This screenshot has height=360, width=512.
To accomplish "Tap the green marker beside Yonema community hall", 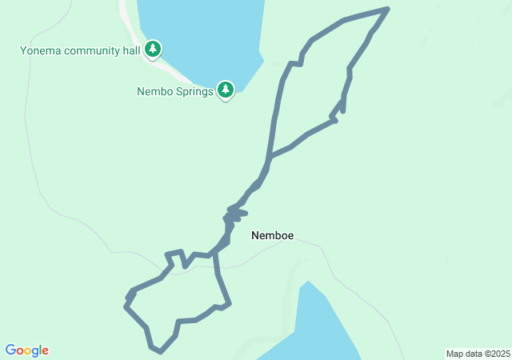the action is [153, 50].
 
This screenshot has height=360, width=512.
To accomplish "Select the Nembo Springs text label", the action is [175, 91].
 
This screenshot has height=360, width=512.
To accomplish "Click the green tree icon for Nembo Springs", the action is [226, 89].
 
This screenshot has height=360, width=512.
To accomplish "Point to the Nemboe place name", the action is [272, 236].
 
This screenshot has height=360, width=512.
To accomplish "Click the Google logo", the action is [27, 350].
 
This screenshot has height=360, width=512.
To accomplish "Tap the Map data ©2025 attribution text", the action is [477, 354].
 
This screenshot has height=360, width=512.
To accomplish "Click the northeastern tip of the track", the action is [387, 9].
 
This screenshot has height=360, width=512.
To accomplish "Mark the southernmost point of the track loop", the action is [160, 351].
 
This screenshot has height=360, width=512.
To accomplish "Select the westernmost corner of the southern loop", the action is [126, 305].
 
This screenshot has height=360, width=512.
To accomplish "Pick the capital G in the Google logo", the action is [10, 350].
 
